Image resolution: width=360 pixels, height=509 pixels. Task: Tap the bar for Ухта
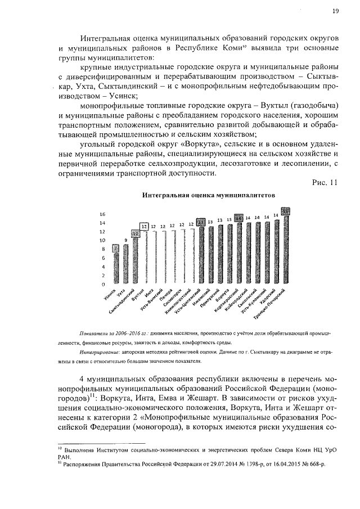[125, 264]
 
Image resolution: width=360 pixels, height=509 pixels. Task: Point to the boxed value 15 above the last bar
[285, 210]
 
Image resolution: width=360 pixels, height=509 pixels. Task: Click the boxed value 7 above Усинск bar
[115, 247]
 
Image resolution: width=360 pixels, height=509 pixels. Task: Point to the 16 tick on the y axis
[102, 214]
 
